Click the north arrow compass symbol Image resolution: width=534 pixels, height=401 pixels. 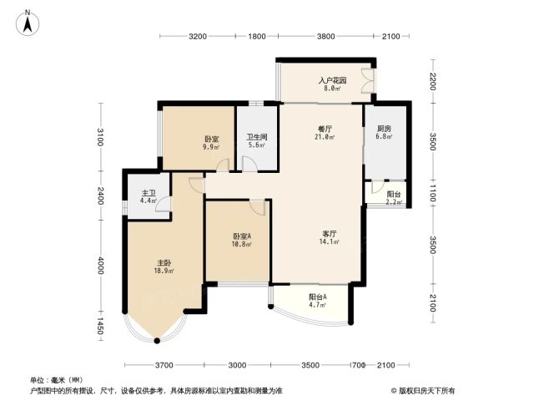28,23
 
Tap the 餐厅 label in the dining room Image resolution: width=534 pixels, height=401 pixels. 325,129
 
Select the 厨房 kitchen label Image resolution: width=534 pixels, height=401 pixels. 384,129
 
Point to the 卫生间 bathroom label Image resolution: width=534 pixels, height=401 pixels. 257,137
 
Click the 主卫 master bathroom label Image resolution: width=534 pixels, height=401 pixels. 149,193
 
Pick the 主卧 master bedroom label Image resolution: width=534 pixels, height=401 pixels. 164,263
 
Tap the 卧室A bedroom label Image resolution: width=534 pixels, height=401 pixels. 242,236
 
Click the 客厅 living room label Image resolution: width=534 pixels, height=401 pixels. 330,234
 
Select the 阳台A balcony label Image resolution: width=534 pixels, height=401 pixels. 318,297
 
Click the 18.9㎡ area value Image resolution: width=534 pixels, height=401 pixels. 164,271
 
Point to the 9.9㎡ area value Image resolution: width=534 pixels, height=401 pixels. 211,147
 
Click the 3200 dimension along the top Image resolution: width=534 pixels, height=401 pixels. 198,36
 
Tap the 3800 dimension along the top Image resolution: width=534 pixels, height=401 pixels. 326,36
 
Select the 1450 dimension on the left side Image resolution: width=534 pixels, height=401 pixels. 100,326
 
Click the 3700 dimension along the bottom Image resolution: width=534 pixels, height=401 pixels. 164,365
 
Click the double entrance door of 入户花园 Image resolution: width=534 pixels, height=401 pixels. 368,81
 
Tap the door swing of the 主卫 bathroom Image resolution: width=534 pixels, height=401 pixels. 164,204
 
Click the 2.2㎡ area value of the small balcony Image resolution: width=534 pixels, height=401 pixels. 394,202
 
